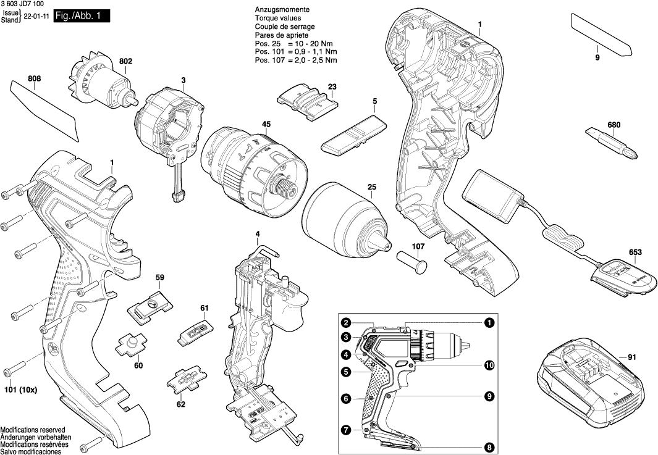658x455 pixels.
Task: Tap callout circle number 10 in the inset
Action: tap(489, 365)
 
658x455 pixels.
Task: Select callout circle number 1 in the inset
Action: tap(489, 322)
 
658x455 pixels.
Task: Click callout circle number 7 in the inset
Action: tap(346, 429)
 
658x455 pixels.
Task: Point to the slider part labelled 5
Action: tap(353, 135)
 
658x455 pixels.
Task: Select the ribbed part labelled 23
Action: tap(308, 99)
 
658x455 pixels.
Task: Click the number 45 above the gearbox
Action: tap(266, 124)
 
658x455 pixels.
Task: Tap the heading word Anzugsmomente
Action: tap(282, 10)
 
